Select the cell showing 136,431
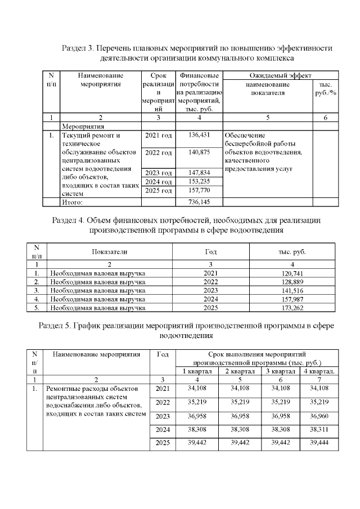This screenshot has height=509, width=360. click(200, 135)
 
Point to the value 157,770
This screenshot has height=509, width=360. click(200, 190)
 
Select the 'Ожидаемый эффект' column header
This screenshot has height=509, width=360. click(281, 75)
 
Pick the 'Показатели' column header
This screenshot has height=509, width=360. click(110, 252)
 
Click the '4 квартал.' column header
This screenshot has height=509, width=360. click(319, 371)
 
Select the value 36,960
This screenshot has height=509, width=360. click(319, 417)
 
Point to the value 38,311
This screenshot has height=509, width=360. click(319, 431)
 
